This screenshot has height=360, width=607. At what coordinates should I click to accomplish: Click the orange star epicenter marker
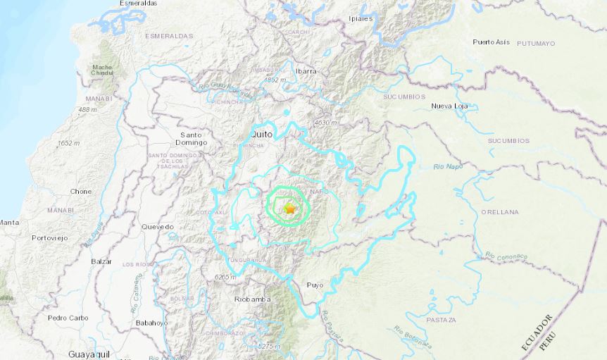pyautogui.click(x=289, y=209)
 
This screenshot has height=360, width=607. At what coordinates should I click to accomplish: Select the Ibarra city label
pyautogui.click(x=306, y=71)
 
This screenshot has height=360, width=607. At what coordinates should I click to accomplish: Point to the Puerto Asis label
pyautogui.click(x=491, y=42)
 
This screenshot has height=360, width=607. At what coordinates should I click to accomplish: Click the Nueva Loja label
pyautogui.click(x=450, y=106)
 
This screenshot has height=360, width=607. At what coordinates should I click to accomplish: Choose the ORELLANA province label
pyautogui.click(x=500, y=211)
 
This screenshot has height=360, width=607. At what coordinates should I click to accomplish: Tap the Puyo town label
pyautogui.click(x=314, y=285)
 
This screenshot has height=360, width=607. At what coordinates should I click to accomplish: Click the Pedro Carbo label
pyautogui.click(x=68, y=318)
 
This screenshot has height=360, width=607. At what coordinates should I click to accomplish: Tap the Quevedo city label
pyautogui.click(x=157, y=227)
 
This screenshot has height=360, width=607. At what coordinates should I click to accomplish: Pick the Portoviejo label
pyautogui.click(x=50, y=237)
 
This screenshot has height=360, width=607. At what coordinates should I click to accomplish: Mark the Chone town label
pyautogui.click(x=81, y=191)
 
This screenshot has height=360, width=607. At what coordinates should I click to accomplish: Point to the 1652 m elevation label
pyautogui.click(x=68, y=143)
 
